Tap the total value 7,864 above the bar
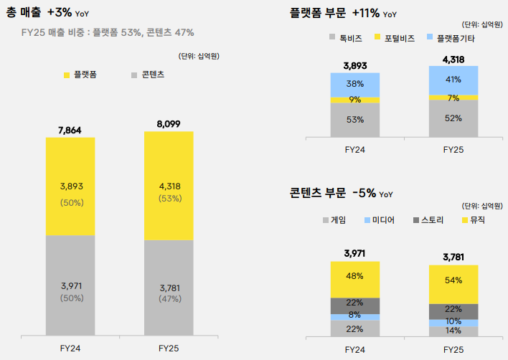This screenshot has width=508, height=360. tap(70, 130)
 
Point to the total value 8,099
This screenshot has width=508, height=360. tap(169, 124)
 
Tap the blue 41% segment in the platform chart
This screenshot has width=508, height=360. tap(453, 80)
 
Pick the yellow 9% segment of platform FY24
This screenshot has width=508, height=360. tap(355, 100)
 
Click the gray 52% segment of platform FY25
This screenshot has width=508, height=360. tap(453, 118)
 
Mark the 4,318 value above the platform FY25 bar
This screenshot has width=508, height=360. tap(453, 59)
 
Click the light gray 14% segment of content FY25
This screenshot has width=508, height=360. tap(453, 331)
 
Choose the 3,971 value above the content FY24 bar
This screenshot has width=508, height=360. tap(355, 253)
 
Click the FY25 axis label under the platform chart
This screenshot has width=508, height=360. tap(453, 150)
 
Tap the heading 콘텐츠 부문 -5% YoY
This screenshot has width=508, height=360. tap(342, 193)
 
